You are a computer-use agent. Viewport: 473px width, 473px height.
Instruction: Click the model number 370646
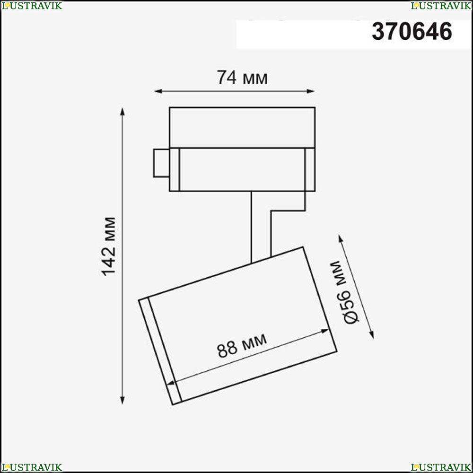(x=412, y=32)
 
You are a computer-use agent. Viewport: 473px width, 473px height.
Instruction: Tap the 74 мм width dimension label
(x=242, y=78)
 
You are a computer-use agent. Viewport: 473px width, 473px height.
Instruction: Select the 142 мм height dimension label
(x=109, y=246)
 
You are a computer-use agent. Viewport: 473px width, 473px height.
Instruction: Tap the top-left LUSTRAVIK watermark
(x=32, y=6)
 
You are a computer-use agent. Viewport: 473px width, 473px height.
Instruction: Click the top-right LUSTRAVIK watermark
(x=441, y=6)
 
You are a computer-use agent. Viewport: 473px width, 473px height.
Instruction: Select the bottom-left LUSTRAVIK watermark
(x=32, y=467)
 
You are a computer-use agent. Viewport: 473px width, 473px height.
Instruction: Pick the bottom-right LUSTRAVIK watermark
(x=441, y=467)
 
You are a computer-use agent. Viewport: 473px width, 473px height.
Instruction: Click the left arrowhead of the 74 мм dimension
(x=158, y=91)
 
